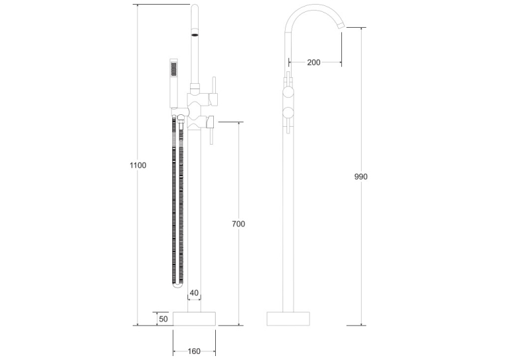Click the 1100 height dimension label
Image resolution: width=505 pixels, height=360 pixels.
[x=138, y=165]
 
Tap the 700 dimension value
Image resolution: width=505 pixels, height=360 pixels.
[x=238, y=224]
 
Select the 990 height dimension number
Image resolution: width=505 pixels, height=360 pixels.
[x=360, y=176]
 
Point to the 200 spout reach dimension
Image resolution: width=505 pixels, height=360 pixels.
[x=314, y=62]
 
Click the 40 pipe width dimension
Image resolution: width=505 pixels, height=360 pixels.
[x=194, y=293]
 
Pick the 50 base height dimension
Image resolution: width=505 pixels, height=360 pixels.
[x=163, y=319]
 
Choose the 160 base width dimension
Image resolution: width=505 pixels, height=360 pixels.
[x=194, y=351]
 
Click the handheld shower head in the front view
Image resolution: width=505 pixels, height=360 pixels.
[x=174, y=83]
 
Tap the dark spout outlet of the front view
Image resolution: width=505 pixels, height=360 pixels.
[x=195, y=34]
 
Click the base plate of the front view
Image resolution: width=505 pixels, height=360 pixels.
[x=194, y=319]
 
